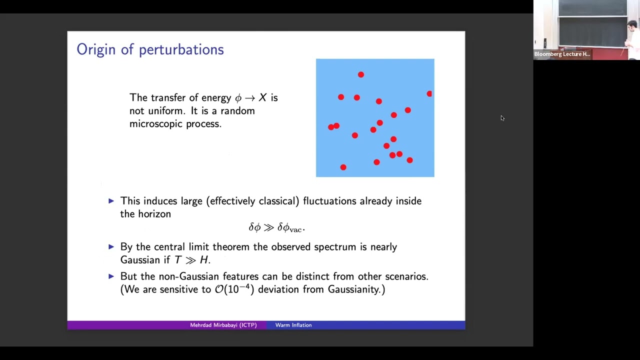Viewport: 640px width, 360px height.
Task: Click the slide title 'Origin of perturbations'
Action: coord(150,49)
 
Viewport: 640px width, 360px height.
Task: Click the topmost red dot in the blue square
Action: coord(360,74)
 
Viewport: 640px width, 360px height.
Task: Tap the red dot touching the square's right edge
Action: coord(429,93)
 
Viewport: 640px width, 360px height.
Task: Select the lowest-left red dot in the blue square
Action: coord(343,167)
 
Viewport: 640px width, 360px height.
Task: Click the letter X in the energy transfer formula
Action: coord(262,97)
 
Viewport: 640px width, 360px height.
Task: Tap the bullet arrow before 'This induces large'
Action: coord(111,201)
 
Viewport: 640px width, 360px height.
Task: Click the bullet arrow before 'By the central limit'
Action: coord(111,247)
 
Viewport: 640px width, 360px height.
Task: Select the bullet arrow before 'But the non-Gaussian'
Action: coord(111,276)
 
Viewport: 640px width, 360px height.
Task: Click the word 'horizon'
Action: coord(154,214)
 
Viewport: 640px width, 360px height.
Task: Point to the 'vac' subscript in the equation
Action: coord(295,229)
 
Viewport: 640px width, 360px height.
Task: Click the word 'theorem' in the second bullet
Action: coord(231,247)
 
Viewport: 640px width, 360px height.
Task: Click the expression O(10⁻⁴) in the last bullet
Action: coord(234,289)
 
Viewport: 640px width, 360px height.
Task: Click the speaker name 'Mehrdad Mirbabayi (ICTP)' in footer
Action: coord(223,325)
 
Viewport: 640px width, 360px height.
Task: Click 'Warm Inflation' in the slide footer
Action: coord(293,325)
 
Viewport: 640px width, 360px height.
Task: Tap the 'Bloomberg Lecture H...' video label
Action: coord(562,54)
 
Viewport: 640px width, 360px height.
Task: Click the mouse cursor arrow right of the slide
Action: coord(502,118)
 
